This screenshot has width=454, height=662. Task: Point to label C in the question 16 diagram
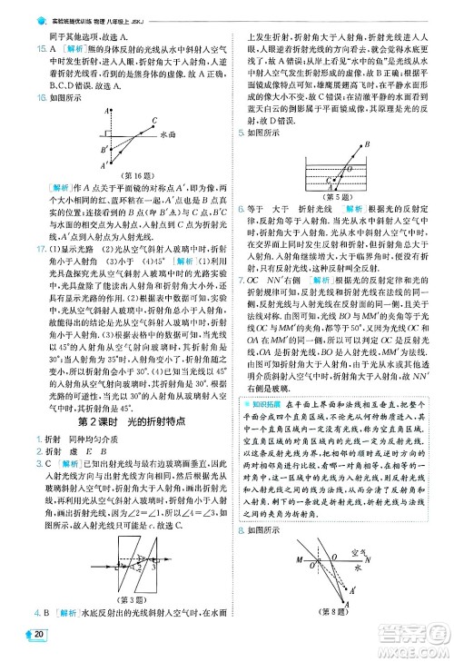(x=154, y=119)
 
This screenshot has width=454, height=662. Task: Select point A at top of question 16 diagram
(x=106, y=109)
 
